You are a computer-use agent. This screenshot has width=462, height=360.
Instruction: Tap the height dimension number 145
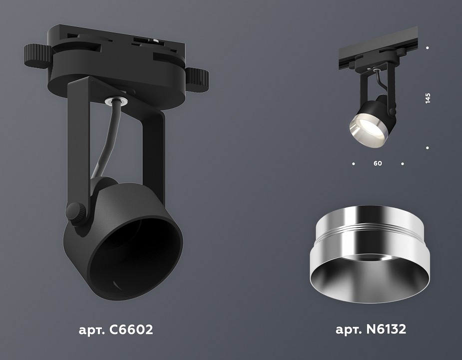click(428, 98)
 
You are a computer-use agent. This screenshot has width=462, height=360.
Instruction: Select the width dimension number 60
click(378, 163)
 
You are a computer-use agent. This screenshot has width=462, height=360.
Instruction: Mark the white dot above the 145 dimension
click(428, 48)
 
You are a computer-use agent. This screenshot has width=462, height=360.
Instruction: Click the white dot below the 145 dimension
click(428, 148)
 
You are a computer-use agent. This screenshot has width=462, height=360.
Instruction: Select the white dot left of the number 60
click(354, 163)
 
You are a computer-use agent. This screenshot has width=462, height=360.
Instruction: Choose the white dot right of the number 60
click(403, 163)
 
